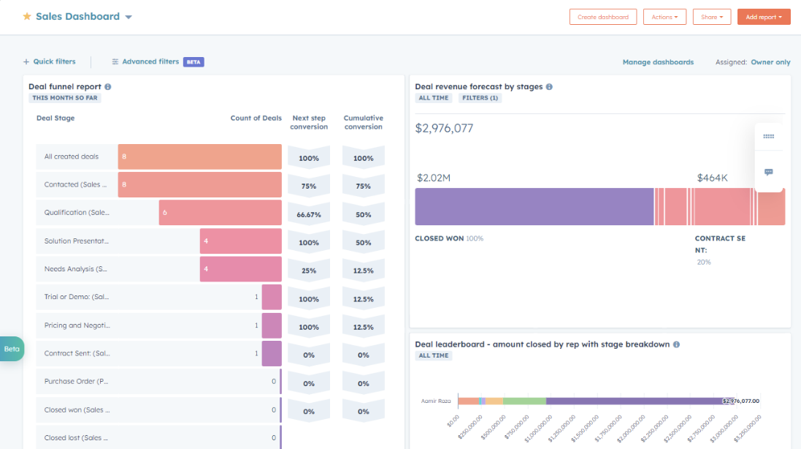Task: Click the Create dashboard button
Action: point(603,17)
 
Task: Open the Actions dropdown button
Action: point(664,17)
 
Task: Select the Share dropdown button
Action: point(711,17)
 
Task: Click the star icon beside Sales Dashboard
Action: point(27,16)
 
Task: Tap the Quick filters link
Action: point(49,62)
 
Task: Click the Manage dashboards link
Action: point(658,62)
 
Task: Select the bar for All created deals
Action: point(199,156)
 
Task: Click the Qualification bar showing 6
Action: point(220,213)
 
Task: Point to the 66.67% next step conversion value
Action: point(309,215)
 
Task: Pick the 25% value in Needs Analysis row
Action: point(309,271)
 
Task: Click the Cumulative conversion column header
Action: point(363,122)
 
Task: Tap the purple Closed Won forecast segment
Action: point(534,206)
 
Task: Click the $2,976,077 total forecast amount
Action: point(444,129)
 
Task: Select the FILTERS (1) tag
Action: point(480,98)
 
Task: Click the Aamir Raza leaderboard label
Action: point(436,401)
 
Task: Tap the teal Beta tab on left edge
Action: point(12,349)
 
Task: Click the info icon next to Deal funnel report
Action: point(108,87)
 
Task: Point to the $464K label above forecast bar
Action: point(712,178)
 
